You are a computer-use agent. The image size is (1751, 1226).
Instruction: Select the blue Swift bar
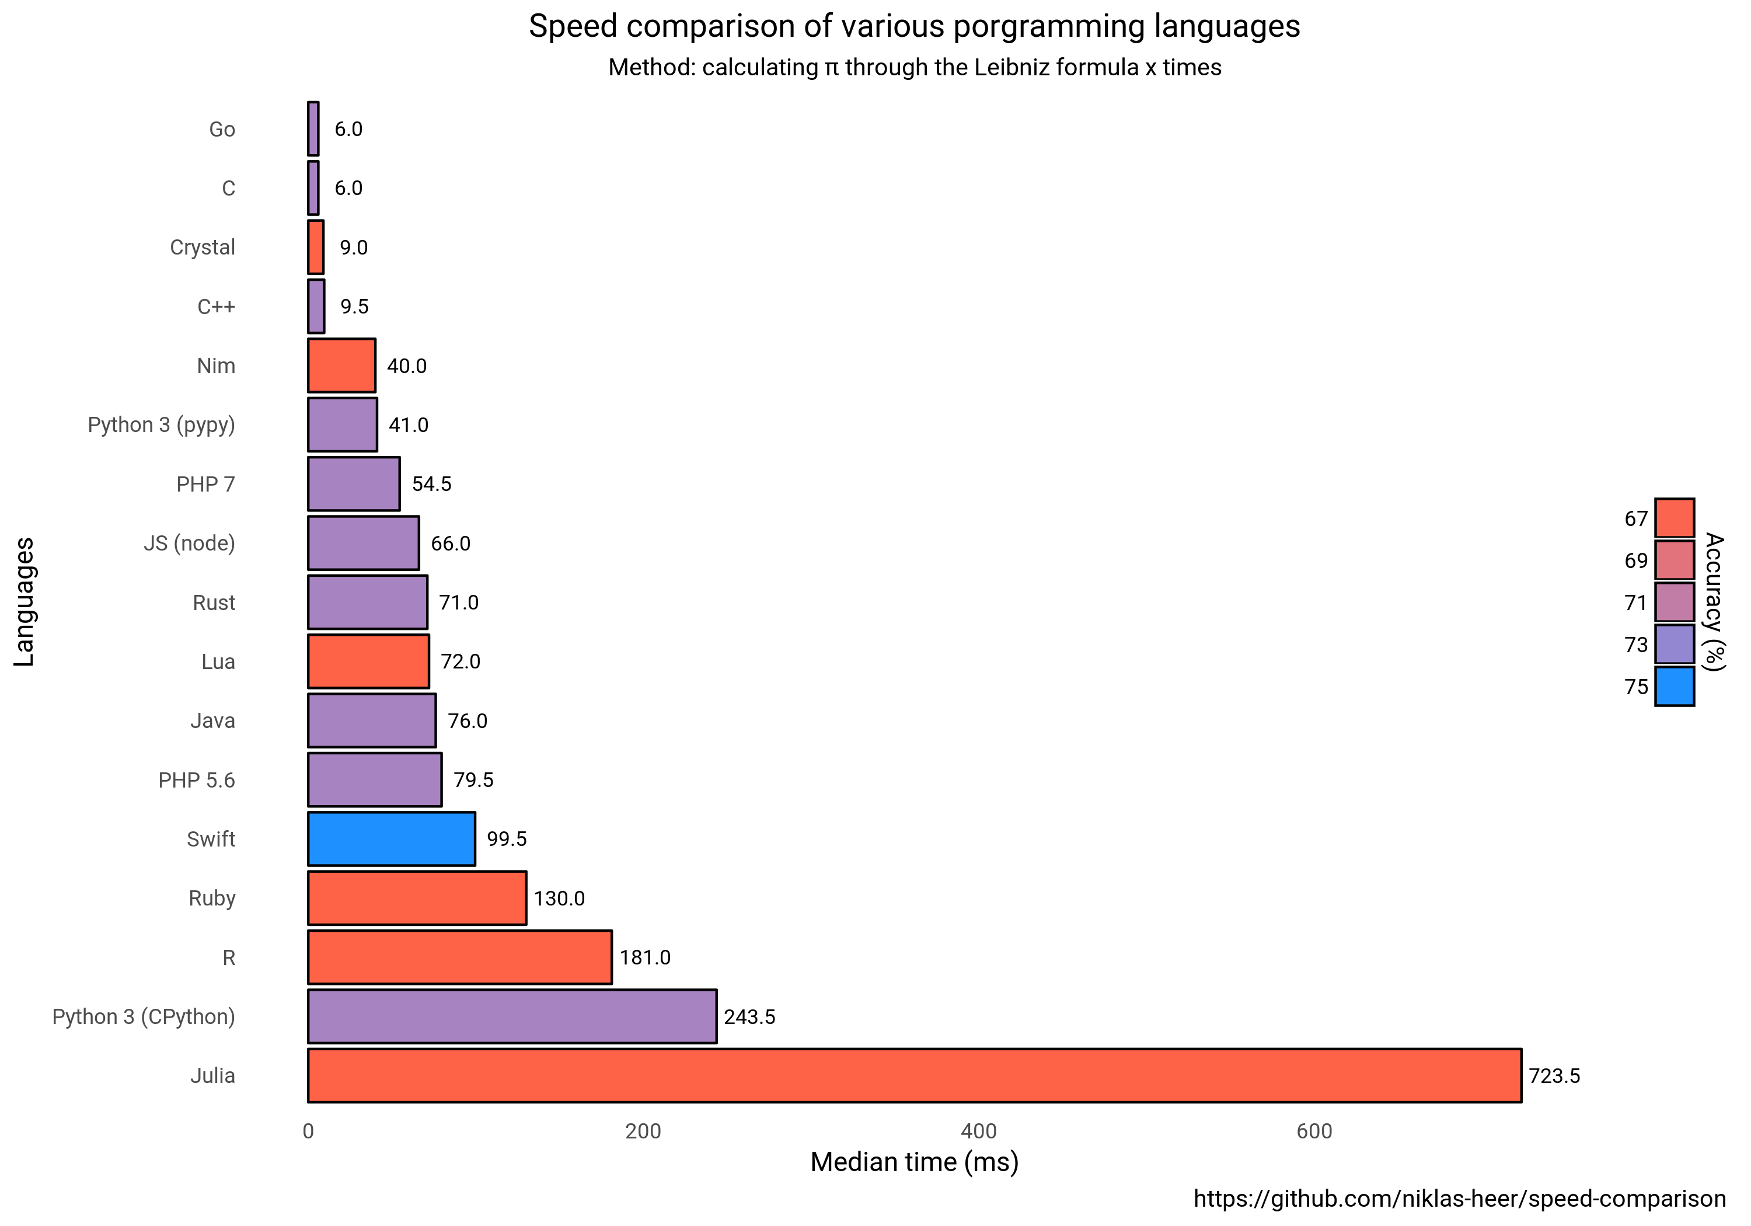(391, 838)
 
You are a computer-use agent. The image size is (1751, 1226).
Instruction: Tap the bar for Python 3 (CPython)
(512, 1016)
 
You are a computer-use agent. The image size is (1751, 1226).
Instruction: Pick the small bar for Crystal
(316, 247)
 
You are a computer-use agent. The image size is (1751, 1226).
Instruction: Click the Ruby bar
(416, 898)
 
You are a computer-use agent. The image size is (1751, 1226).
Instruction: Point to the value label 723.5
(1554, 1076)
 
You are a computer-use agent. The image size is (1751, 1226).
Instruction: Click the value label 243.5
(749, 1017)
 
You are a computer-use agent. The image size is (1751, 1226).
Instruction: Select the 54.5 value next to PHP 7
(432, 485)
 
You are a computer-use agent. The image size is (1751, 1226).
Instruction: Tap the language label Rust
(214, 602)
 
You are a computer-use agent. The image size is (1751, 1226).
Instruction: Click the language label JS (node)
(189, 543)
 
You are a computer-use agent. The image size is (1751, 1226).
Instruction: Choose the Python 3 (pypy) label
(161, 425)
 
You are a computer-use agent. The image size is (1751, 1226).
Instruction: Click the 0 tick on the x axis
(308, 1131)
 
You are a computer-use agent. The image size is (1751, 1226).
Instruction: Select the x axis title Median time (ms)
(913, 1162)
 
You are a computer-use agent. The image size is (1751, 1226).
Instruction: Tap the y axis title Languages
(25, 601)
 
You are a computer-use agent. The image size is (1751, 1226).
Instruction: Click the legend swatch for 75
(1674, 687)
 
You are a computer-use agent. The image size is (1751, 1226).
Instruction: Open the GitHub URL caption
(1459, 1199)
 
